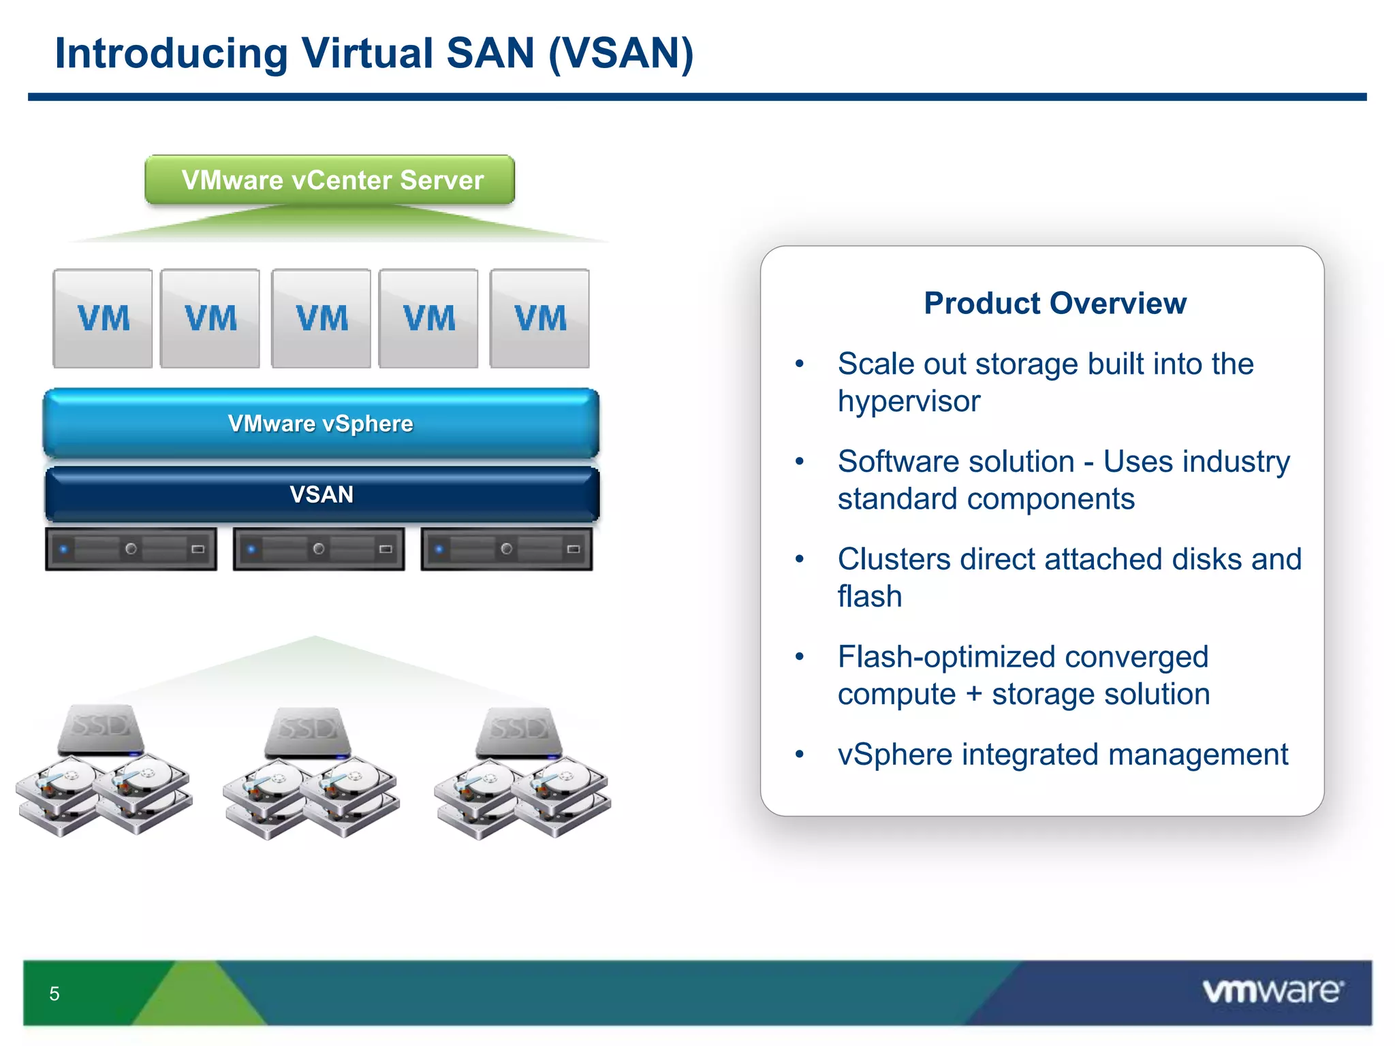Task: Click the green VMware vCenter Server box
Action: tap(330, 180)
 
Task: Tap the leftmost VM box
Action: tap(103, 319)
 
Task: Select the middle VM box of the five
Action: tap(321, 319)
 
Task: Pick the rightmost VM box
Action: tap(539, 319)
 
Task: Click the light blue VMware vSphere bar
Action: tap(321, 424)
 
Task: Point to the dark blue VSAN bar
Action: tap(322, 494)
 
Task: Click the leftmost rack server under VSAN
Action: tap(131, 549)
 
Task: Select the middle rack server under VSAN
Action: tap(319, 549)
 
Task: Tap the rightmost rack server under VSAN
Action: tap(507, 549)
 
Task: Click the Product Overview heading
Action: tap(1055, 303)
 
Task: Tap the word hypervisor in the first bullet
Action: tap(909, 401)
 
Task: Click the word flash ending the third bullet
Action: tap(870, 597)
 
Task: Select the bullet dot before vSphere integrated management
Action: tap(800, 754)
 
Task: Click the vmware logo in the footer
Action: tap(1272, 991)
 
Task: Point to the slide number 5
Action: tap(54, 994)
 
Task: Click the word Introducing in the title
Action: tap(171, 53)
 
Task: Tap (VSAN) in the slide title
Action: tap(621, 53)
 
